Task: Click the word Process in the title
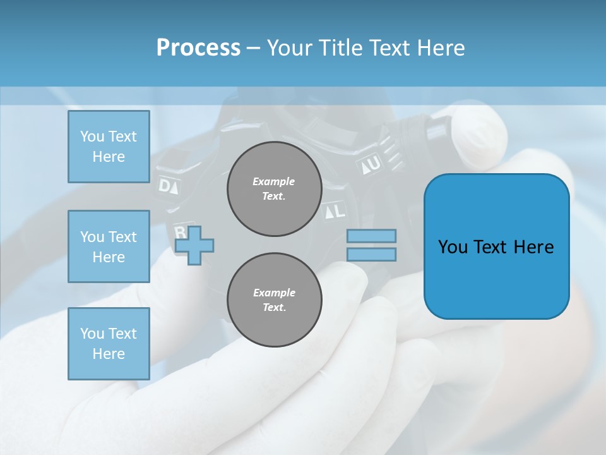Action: click(x=198, y=48)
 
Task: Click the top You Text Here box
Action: click(x=109, y=147)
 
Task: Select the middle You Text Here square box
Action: click(x=109, y=246)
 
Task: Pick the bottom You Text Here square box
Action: click(x=109, y=343)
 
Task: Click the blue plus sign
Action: click(x=194, y=245)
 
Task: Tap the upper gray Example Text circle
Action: click(x=274, y=189)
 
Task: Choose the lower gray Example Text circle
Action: click(x=274, y=300)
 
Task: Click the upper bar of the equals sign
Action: click(x=371, y=236)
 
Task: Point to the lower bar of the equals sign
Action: click(x=371, y=255)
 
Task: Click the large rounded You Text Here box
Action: click(x=496, y=246)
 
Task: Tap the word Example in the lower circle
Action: click(x=274, y=293)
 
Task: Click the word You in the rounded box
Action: click(x=453, y=247)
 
